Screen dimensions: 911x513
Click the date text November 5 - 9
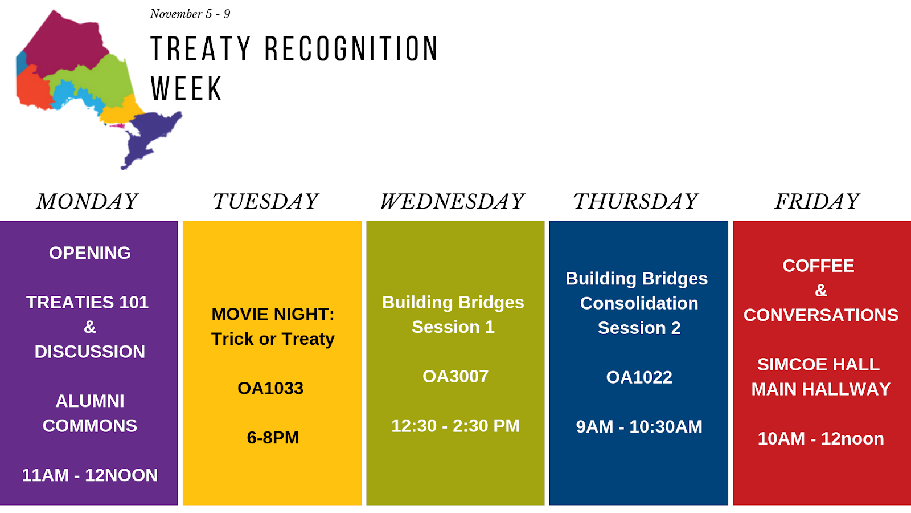(x=190, y=14)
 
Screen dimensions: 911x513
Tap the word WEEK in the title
(x=186, y=88)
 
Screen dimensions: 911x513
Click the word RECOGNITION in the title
(x=351, y=48)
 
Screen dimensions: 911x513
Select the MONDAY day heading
(x=87, y=202)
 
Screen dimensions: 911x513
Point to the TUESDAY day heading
(x=265, y=202)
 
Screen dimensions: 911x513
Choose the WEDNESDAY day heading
(x=452, y=202)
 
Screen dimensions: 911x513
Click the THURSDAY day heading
(x=635, y=202)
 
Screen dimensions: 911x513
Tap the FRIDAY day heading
(x=816, y=202)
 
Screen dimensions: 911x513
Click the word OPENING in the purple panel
(x=90, y=253)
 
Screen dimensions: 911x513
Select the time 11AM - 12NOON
(x=89, y=475)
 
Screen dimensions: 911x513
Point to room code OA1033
(x=270, y=388)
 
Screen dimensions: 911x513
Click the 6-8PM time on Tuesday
(x=273, y=438)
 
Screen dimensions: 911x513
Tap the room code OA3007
(x=455, y=377)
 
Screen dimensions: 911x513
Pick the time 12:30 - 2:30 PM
(x=455, y=426)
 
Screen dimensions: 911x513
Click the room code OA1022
(x=639, y=377)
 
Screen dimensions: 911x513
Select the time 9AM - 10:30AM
(x=639, y=427)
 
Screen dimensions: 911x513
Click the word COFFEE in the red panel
(x=818, y=266)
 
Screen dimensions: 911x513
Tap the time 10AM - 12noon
(x=820, y=438)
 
